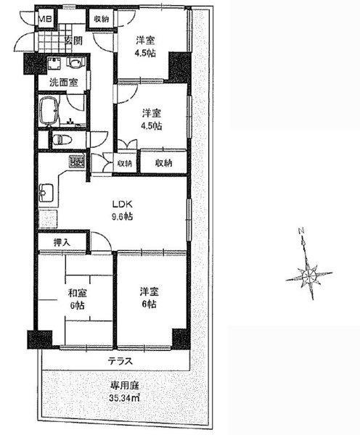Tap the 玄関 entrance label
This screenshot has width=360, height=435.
[72, 41]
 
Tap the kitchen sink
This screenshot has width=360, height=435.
[47, 194]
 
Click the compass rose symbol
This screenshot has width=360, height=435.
[308, 275]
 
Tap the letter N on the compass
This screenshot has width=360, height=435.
[299, 233]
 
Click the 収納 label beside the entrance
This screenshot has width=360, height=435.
[101, 18]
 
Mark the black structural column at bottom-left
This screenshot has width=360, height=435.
[35, 339]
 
